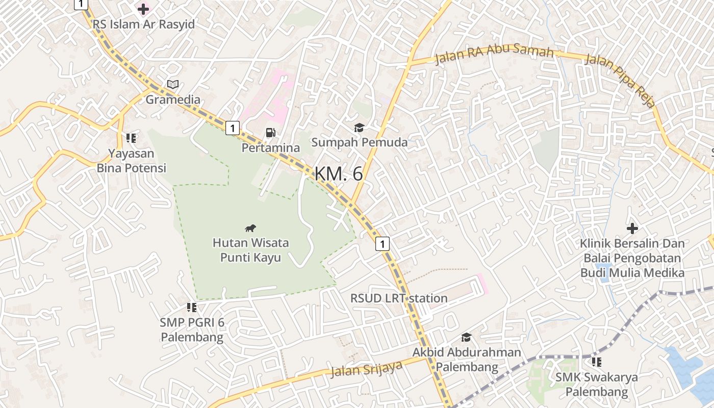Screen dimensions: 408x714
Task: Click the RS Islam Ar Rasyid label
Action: click(143, 24)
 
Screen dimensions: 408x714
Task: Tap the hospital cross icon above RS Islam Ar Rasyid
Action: click(143, 9)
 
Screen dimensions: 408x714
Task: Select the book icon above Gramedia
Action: click(173, 85)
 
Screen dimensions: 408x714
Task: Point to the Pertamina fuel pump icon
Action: click(270, 133)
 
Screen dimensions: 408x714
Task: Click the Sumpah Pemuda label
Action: click(360, 142)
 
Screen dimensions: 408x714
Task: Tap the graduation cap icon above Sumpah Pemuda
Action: click(360, 127)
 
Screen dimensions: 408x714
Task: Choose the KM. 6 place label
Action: click(339, 174)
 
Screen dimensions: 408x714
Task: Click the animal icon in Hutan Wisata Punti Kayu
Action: click(250, 228)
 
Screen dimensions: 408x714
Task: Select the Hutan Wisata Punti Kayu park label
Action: click(250, 250)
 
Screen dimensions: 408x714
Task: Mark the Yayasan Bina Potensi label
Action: click(132, 160)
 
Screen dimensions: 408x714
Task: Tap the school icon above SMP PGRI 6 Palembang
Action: click(192, 307)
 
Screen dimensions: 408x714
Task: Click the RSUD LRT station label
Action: click(399, 298)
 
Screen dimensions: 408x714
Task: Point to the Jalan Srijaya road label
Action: click(366, 369)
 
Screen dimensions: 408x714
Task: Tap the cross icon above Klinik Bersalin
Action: click(632, 228)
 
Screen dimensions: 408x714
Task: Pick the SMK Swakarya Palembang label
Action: click(597, 385)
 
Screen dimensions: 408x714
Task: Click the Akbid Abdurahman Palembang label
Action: click(467, 359)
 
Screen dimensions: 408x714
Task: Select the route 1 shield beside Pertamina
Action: click(233, 128)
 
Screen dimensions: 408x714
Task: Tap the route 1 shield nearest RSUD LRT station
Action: click(382, 244)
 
